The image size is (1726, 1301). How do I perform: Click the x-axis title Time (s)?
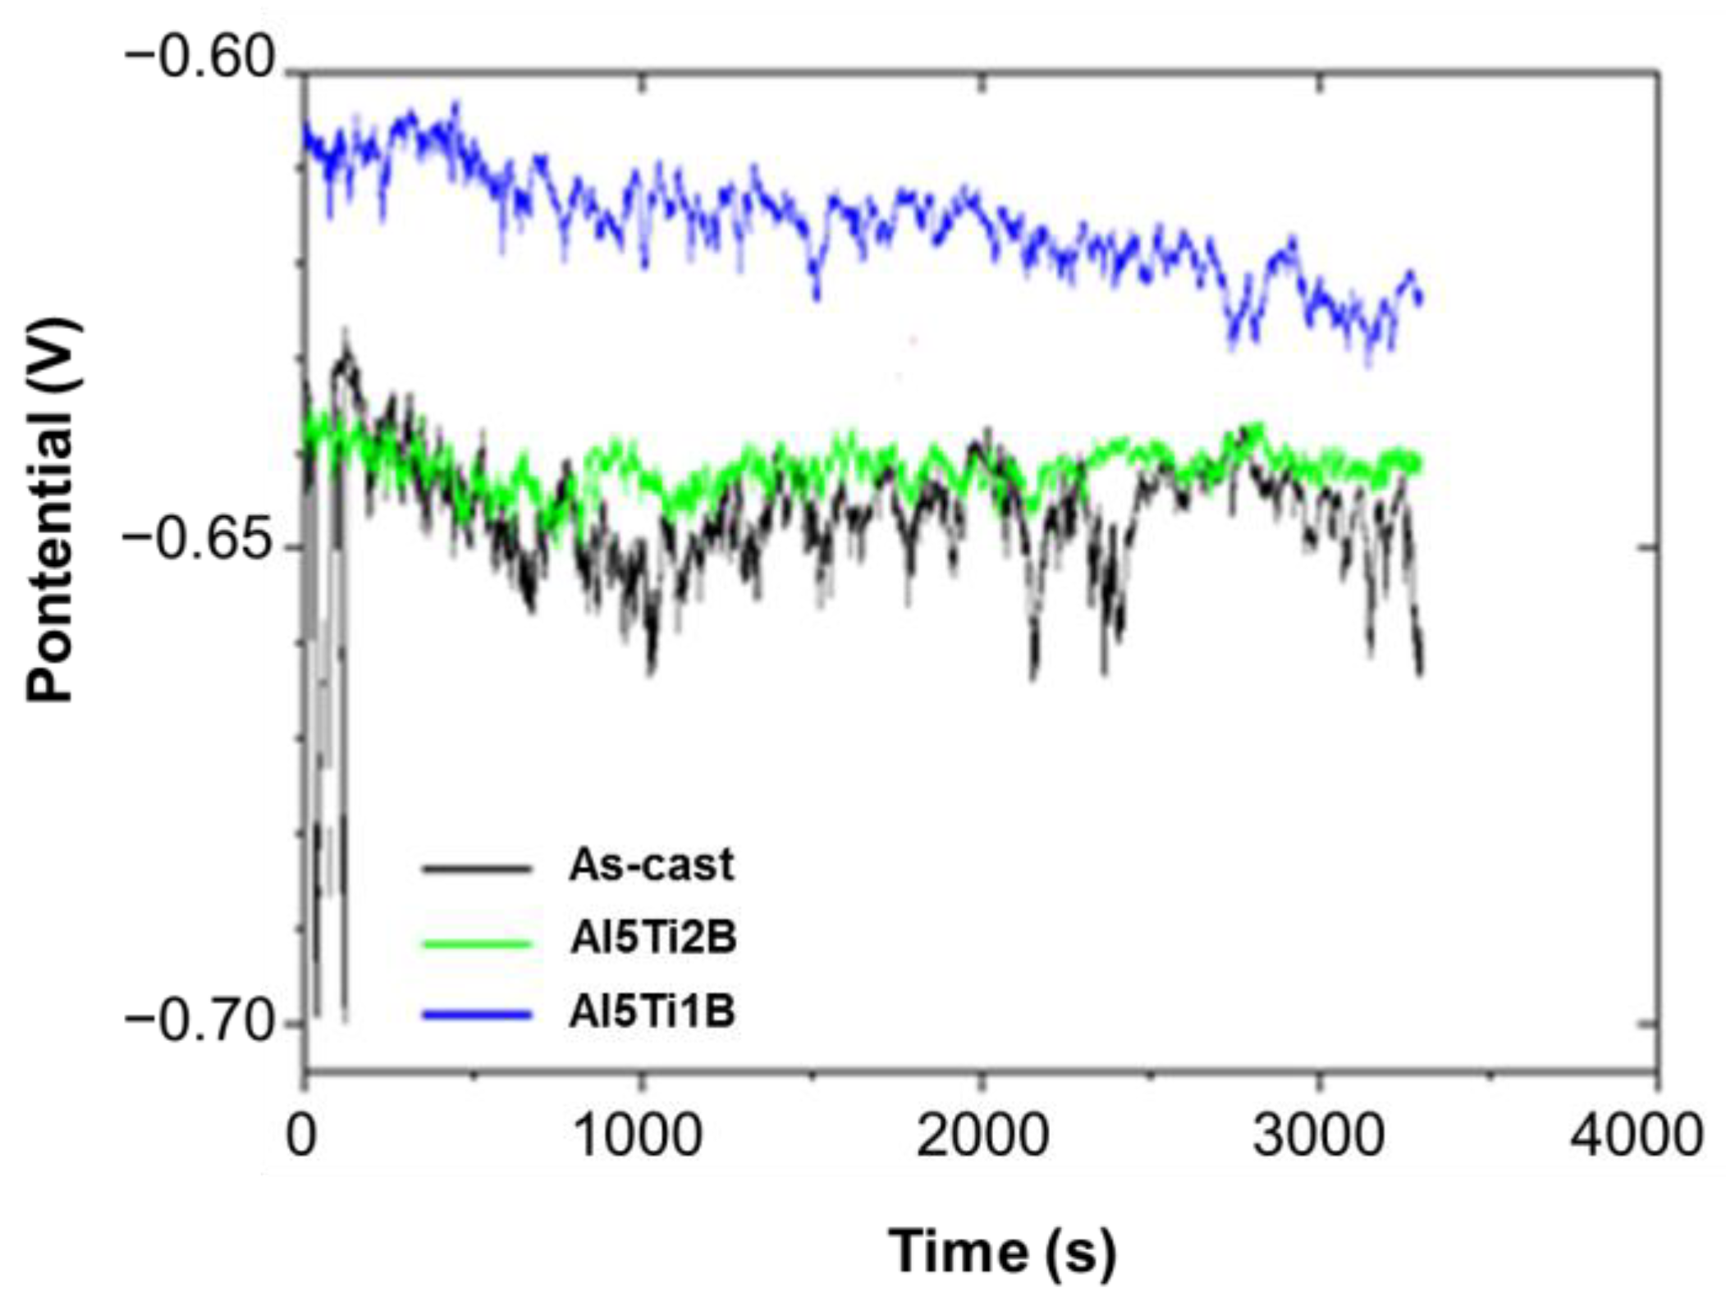1002,1250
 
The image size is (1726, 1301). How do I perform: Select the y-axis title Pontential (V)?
51,511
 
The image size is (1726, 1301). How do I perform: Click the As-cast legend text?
651,865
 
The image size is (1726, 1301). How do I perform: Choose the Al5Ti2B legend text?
653,938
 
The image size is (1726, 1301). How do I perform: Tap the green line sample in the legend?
476,942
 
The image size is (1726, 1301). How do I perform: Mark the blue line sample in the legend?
476,1015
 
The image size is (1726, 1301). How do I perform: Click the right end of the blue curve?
1420,299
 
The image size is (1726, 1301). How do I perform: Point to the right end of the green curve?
1418,465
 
